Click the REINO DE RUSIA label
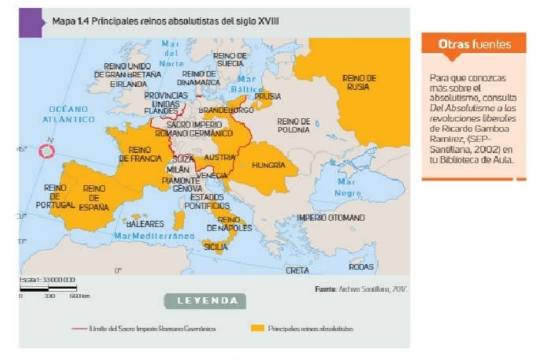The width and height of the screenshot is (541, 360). click(359, 82)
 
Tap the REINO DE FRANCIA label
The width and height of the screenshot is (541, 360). click(140, 154)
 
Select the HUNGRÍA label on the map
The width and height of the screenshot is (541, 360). click(268, 165)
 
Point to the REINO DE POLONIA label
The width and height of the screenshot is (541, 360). click(293, 125)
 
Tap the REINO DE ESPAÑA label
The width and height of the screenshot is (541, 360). click(94, 198)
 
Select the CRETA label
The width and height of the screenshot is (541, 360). click(297, 270)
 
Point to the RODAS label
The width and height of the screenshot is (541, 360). click(361, 266)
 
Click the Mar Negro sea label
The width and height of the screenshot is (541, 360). click(349, 187)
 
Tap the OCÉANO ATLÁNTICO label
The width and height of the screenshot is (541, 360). click(68, 114)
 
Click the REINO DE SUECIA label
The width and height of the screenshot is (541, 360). click(229, 60)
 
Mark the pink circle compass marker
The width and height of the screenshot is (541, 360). click(47, 151)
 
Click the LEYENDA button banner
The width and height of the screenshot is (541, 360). click(205, 301)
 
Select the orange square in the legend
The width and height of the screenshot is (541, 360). click(257, 329)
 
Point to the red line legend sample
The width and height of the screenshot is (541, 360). click(80, 329)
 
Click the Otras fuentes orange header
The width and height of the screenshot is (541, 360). click(473, 45)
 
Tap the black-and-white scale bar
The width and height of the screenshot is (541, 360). click(48, 289)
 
